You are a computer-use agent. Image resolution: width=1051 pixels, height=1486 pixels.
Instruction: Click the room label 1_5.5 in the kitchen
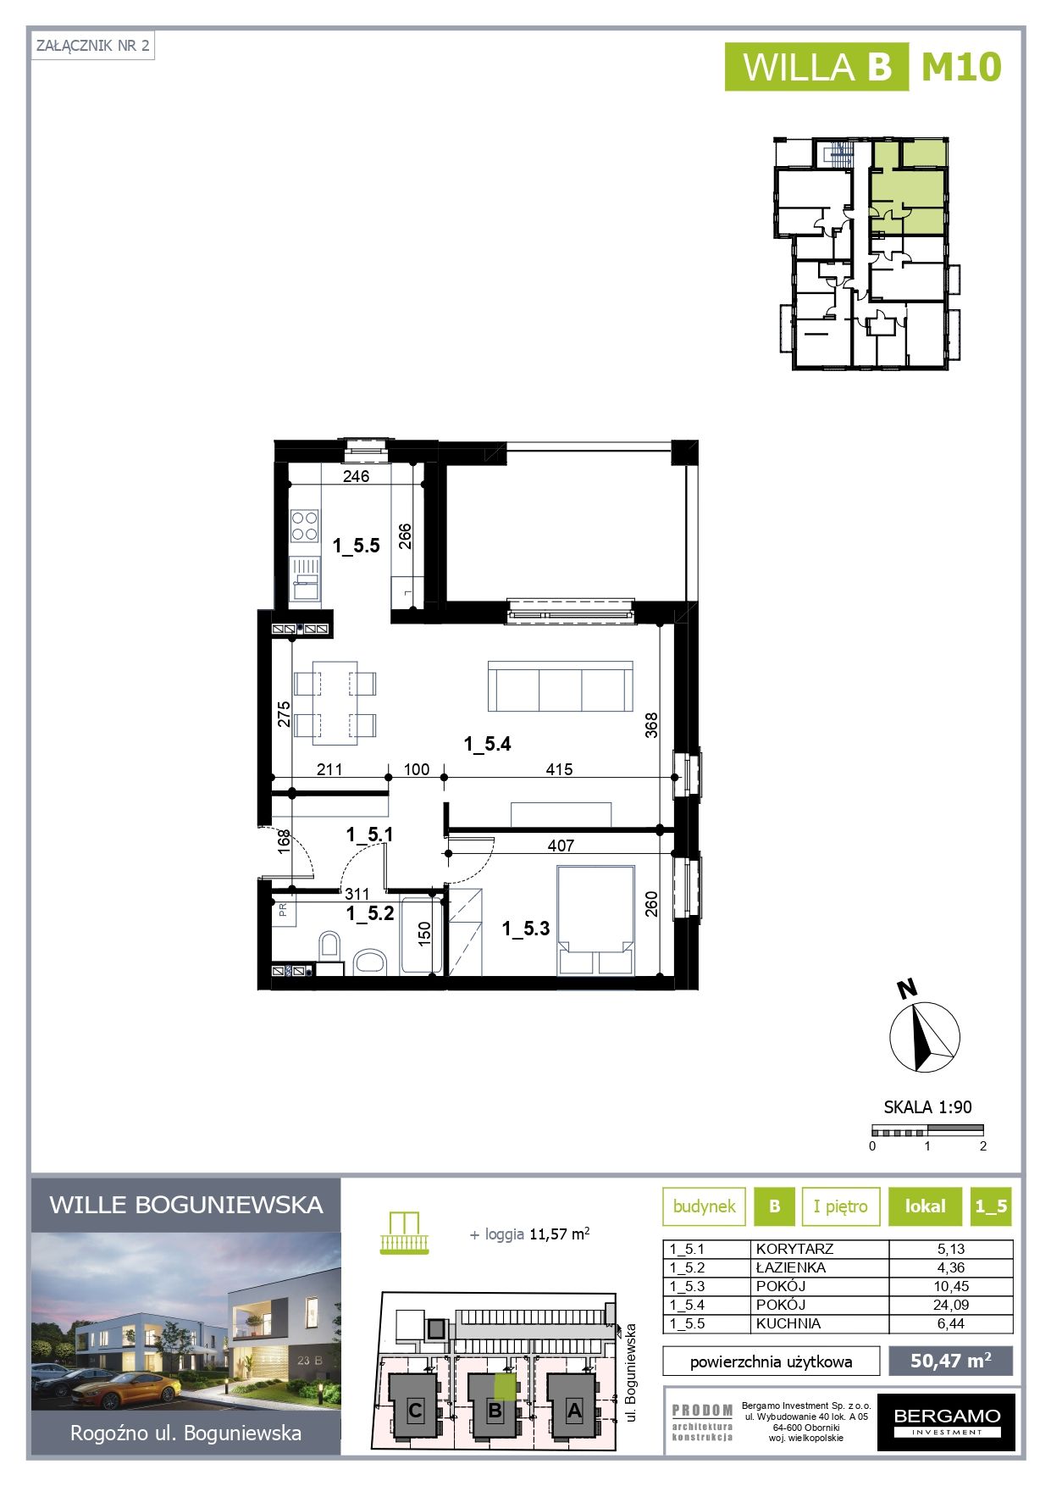pyautogui.click(x=356, y=546)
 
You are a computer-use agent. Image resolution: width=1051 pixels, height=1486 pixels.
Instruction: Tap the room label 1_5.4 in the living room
pyautogui.click(x=487, y=744)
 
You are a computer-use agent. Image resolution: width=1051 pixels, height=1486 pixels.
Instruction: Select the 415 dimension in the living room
pyautogui.click(x=559, y=769)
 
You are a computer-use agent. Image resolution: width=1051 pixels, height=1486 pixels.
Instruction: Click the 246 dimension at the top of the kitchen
pyautogui.click(x=356, y=476)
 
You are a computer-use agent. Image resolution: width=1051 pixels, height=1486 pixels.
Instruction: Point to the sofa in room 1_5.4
pyautogui.click(x=560, y=686)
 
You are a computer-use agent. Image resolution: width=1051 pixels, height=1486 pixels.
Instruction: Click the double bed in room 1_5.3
pyautogui.click(x=595, y=920)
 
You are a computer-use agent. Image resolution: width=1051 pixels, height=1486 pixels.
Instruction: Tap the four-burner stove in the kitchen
pyautogui.click(x=305, y=525)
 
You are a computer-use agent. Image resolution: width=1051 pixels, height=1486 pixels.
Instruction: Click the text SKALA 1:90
pyautogui.click(x=927, y=1106)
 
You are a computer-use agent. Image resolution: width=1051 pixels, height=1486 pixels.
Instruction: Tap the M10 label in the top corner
pyautogui.click(x=961, y=67)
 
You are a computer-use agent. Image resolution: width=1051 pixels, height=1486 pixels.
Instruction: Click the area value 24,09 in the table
pyautogui.click(x=950, y=1305)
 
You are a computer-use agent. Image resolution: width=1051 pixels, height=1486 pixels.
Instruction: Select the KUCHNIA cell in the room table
pyautogui.click(x=788, y=1323)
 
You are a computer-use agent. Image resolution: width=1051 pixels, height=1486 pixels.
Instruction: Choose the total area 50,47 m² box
pyautogui.click(x=950, y=1361)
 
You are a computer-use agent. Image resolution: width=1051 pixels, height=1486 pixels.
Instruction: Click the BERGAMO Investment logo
pyautogui.click(x=946, y=1422)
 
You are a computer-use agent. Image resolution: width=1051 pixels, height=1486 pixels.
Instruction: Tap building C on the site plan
pyautogui.click(x=415, y=1411)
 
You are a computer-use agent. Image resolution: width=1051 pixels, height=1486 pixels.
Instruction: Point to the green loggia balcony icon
pyautogui.click(x=405, y=1234)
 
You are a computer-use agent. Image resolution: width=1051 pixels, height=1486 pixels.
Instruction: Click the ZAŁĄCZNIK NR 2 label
pyautogui.click(x=93, y=46)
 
